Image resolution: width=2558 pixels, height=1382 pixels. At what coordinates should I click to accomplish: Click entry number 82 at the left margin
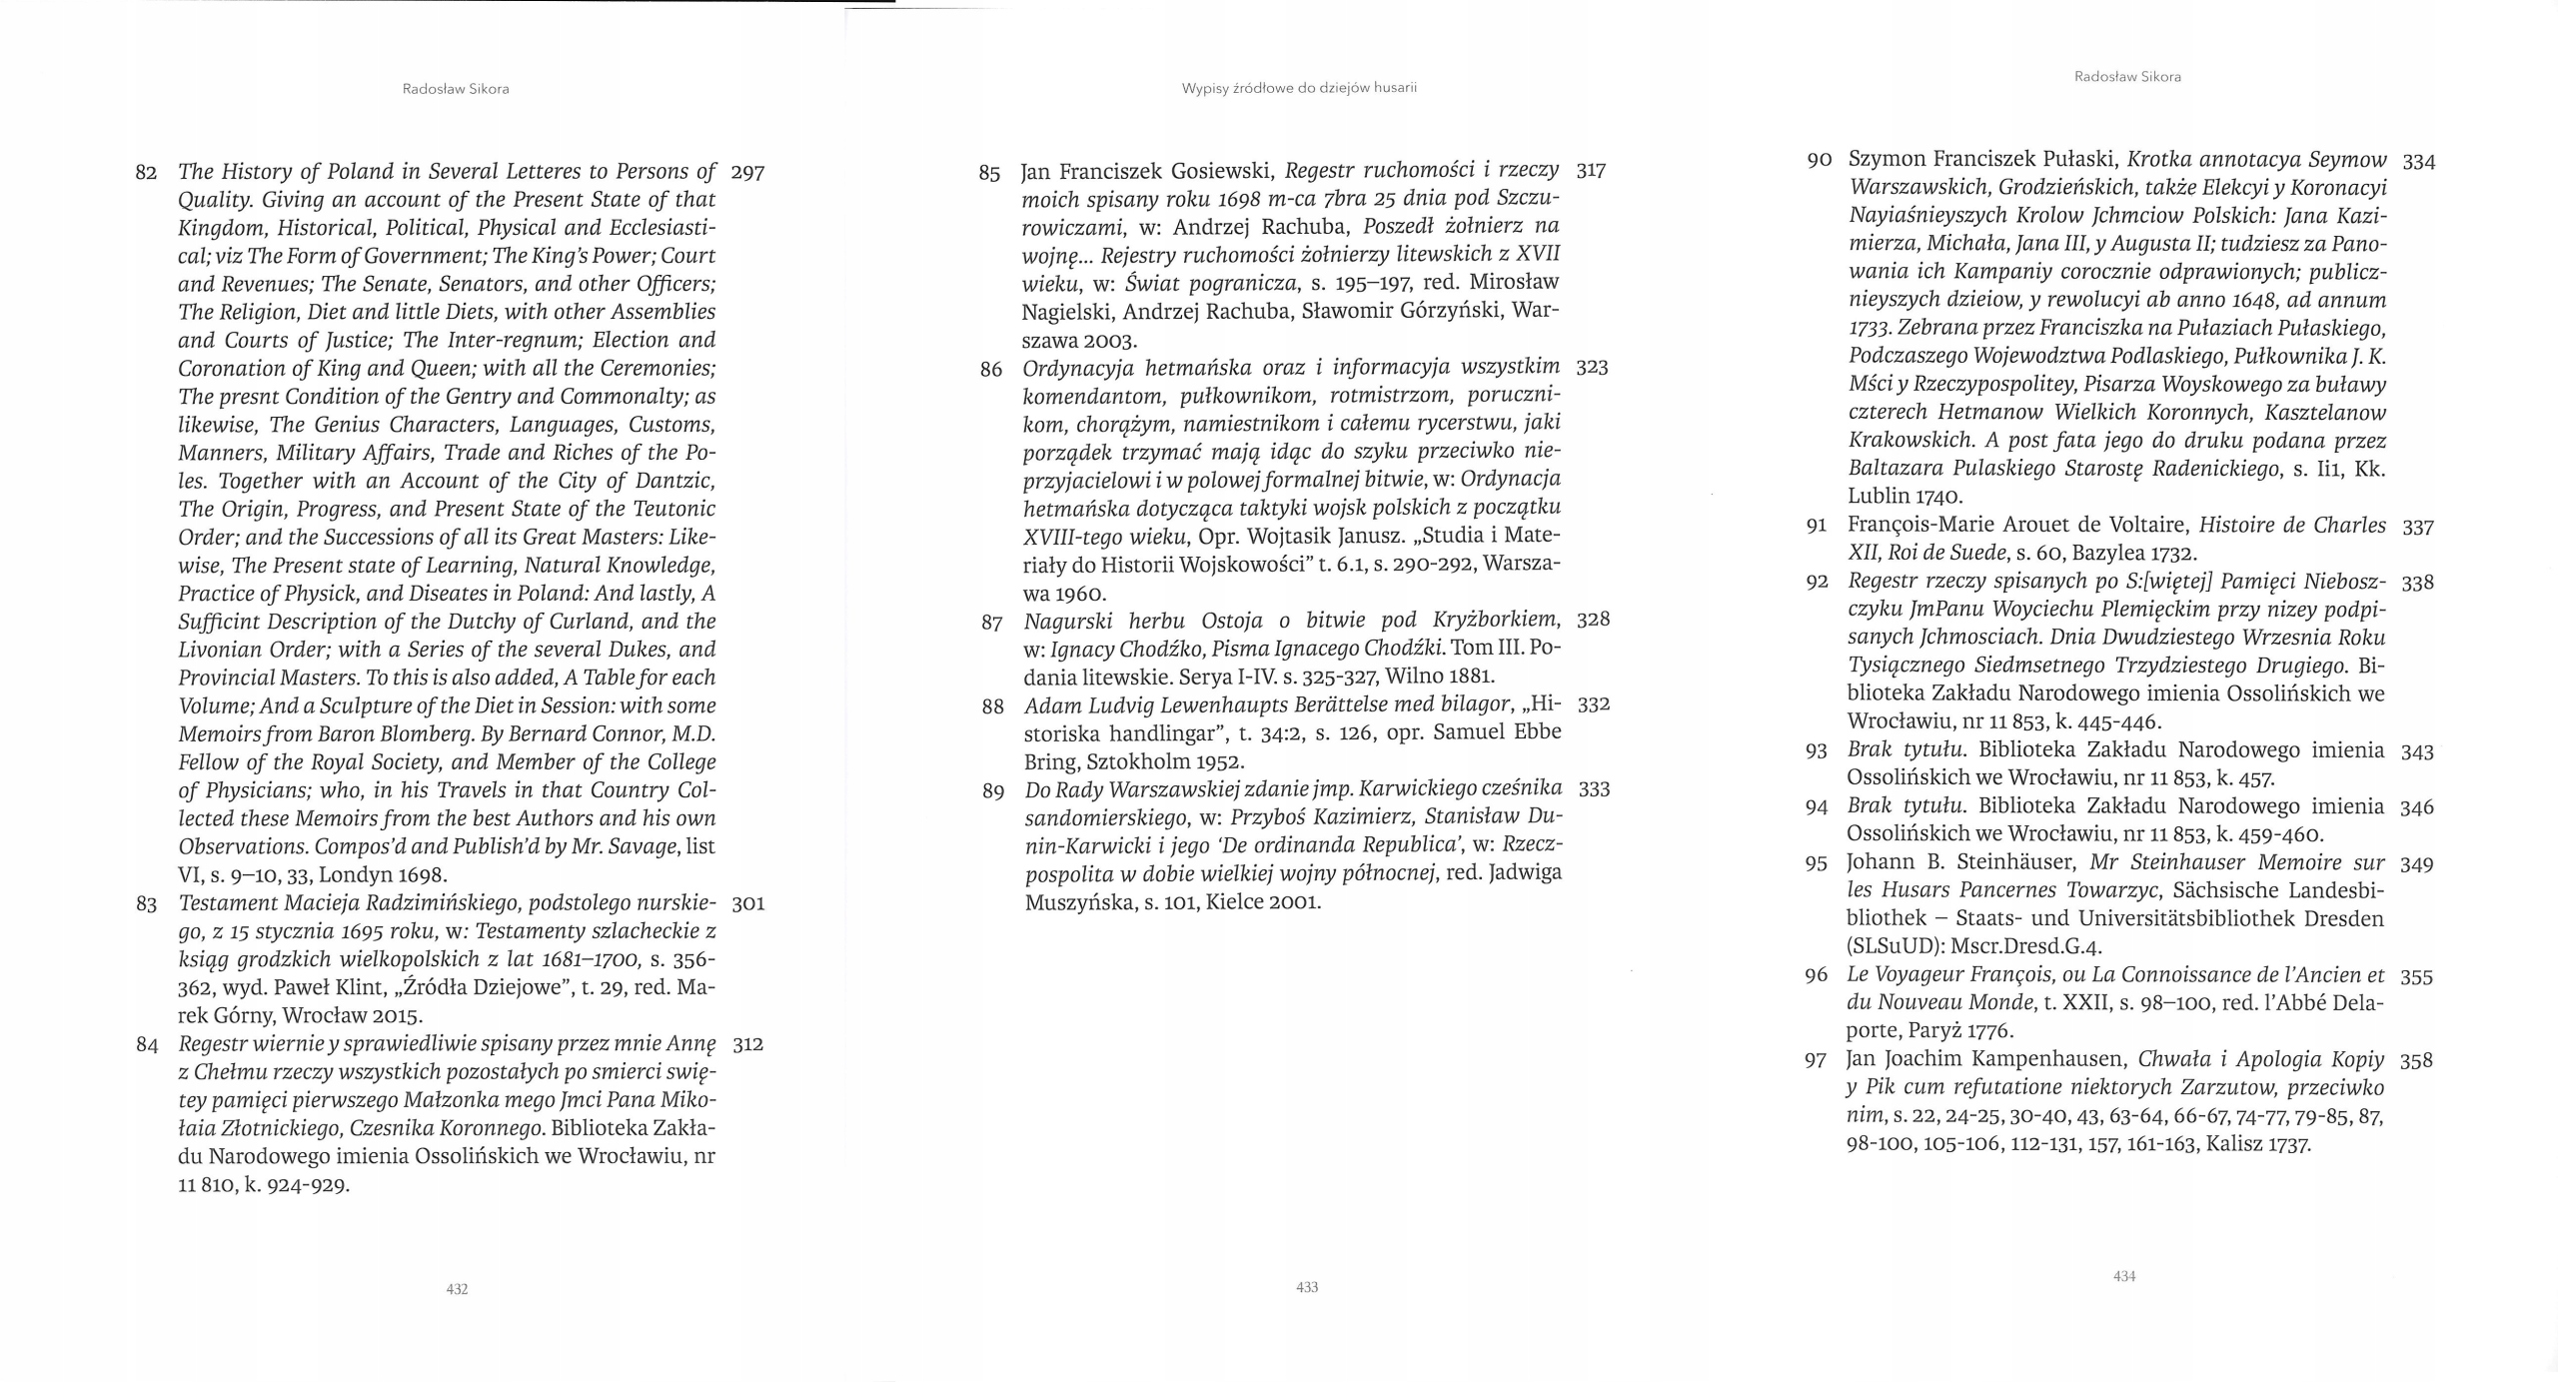(x=146, y=173)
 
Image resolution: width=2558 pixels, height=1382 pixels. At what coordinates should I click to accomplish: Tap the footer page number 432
(x=457, y=1289)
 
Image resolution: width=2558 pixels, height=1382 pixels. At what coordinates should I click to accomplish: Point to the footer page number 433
(x=1307, y=1287)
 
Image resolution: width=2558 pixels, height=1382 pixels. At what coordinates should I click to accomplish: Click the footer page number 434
(x=2124, y=1276)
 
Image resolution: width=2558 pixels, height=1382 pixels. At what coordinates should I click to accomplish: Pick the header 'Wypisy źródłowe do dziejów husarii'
(x=1299, y=88)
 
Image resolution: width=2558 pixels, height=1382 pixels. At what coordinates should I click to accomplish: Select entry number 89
(x=993, y=791)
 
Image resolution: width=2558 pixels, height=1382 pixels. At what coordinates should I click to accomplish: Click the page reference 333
(x=1594, y=789)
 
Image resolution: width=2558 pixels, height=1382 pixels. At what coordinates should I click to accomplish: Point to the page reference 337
(x=2418, y=527)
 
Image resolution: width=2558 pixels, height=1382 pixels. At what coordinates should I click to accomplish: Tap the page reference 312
(x=747, y=1045)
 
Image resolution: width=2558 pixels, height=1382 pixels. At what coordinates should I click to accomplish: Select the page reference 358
(x=2416, y=1060)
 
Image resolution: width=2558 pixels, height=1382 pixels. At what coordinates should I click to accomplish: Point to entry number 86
(x=991, y=370)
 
